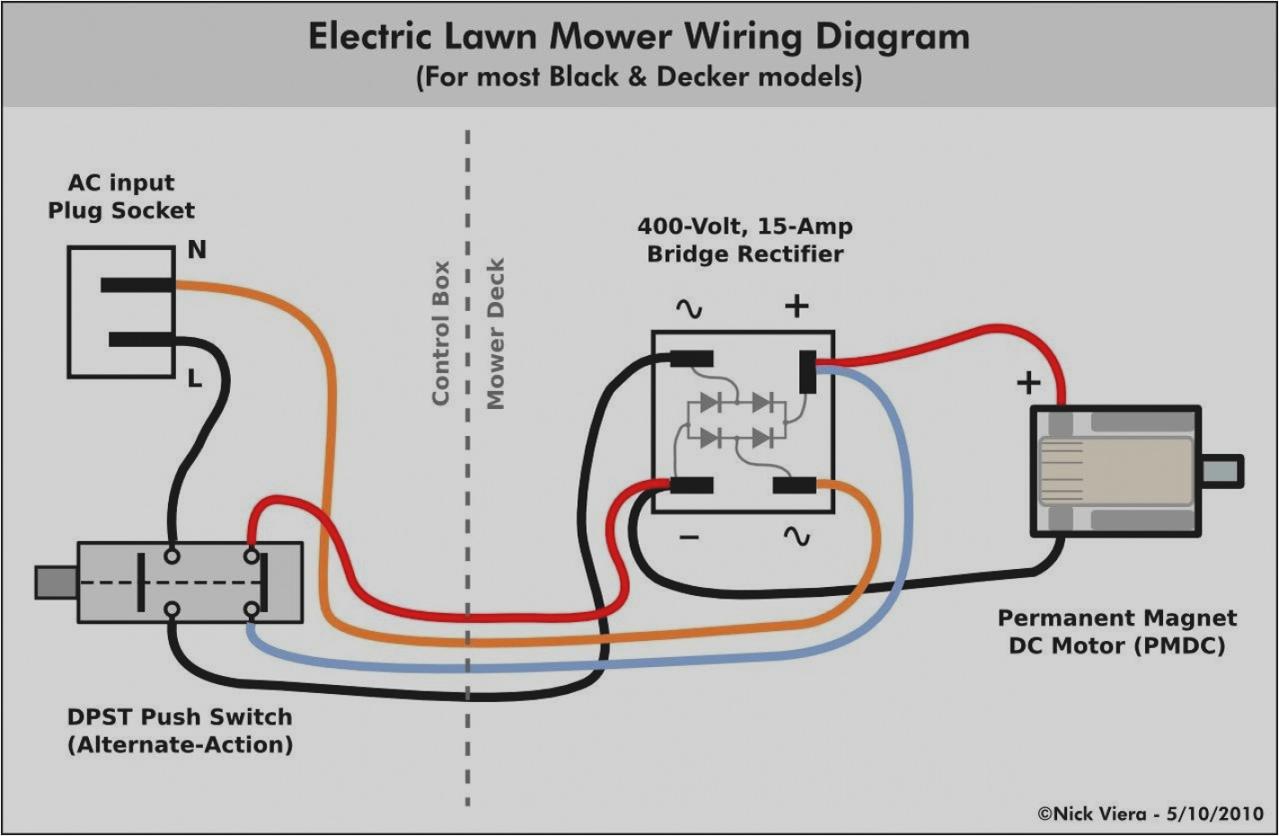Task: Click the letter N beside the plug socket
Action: (x=197, y=250)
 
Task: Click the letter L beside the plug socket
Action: (x=194, y=378)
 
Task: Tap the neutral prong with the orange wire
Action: (x=137, y=285)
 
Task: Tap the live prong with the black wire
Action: (x=141, y=340)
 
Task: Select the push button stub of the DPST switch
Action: (x=55, y=583)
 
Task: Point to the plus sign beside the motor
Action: (x=1028, y=384)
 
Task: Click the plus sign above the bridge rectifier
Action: (x=796, y=307)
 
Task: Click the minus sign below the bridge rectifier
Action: (x=689, y=538)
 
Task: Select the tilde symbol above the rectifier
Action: (x=689, y=309)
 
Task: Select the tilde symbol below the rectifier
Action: (x=796, y=537)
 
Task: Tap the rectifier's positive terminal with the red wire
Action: (x=807, y=371)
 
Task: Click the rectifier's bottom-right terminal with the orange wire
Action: (x=795, y=486)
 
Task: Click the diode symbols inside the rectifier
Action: (x=736, y=420)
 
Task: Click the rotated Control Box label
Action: (x=440, y=333)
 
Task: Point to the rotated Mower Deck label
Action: (x=496, y=334)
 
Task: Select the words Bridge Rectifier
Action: (x=745, y=254)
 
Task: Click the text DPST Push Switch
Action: (x=180, y=717)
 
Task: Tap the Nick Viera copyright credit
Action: (x=1151, y=814)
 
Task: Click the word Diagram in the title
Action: (x=892, y=37)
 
